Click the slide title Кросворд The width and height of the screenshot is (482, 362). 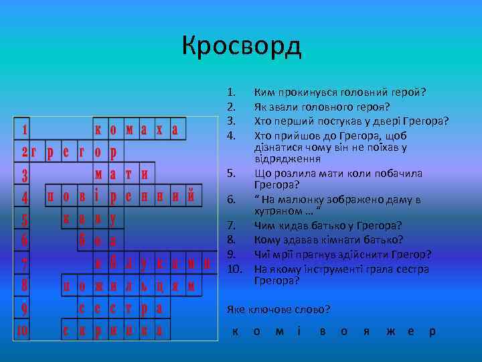tap(242, 46)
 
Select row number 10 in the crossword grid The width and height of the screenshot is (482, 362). tap(22, 330)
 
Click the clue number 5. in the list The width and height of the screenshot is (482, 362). tap(231, 174)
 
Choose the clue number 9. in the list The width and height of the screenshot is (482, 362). tap(231, 254)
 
